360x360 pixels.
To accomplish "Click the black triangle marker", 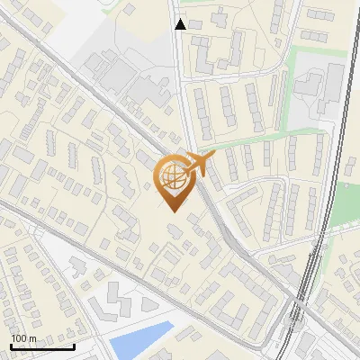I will pyautogui.click(x=181, y=24).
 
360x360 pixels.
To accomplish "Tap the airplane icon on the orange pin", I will pyautogui.click(x=199, y=165).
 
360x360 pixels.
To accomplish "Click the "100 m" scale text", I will pyautogui.click(x=23, y=337).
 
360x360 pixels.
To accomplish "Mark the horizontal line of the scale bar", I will pyautogui.click(x=42, y=346).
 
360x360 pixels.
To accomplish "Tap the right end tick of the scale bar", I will pyautogui.click(x=74, y=345).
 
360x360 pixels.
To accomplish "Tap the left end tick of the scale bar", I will pyautogui.click(x=11, y=345).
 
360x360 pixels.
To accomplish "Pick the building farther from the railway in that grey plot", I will pyautogui.click(x=310, y=86).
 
